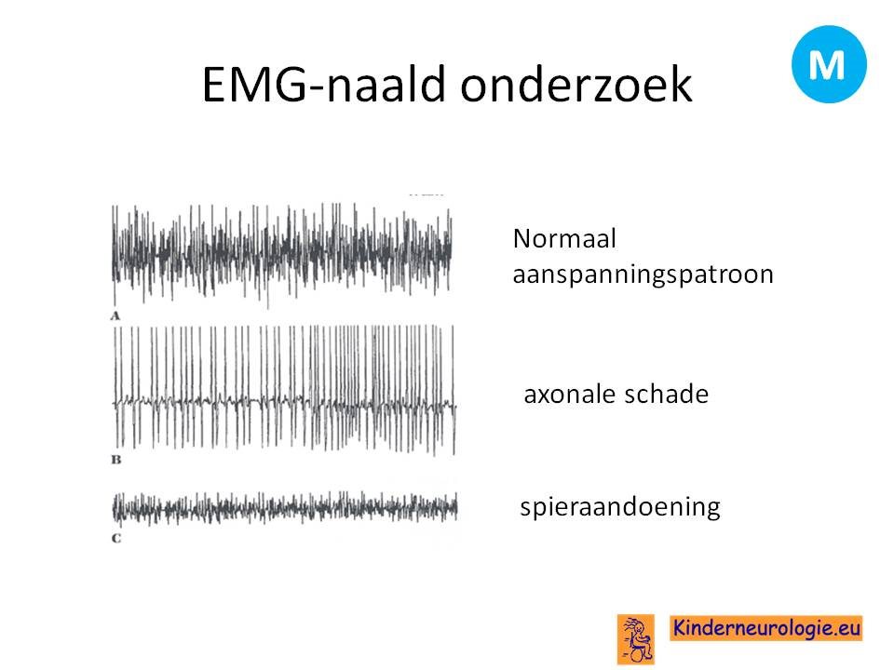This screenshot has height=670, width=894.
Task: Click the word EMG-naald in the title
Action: (x=324, y=85)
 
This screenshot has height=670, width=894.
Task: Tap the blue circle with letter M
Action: (x=829, y=64)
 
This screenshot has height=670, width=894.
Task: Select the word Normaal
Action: (x=564, y=239)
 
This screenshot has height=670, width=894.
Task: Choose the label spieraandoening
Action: (x=620, y=507)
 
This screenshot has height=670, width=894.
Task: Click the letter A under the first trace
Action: (x=115, y=316)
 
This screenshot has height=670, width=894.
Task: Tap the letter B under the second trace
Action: (x=116, y=459)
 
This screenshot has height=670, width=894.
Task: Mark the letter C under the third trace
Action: (x=116, y=539)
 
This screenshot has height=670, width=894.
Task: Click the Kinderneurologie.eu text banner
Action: (x=765, y=628)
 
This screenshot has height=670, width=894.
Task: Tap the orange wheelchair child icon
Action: (x=636, y=639)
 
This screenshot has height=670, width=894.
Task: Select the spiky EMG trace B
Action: (x=285, y=390)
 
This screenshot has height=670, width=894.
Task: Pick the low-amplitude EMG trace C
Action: (x=285, y=508)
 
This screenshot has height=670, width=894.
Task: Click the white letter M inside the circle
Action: (x=827, y=65)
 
